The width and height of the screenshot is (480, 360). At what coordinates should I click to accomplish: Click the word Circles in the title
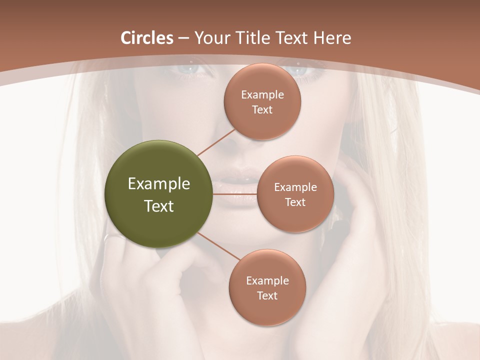(x=146, y=38)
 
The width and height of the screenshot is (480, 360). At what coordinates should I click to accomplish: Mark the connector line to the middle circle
(x=235, y=193)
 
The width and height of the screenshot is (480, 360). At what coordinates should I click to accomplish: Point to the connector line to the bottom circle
(x=219, y=246)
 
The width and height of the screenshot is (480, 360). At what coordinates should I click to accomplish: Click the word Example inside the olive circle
(x=159, y=184)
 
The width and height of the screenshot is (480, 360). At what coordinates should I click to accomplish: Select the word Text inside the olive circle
(x=159, y=206)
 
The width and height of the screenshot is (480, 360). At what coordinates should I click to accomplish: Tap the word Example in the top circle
(x=262, y=94)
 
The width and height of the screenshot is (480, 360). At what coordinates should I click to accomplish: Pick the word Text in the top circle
(x=262, y=109)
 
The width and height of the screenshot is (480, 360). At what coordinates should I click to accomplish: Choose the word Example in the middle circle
(x=295, y=187)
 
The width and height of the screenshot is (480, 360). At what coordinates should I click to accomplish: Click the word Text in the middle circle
(x=295, y=202)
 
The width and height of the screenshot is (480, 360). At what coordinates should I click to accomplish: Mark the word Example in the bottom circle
(x=267, y=280)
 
